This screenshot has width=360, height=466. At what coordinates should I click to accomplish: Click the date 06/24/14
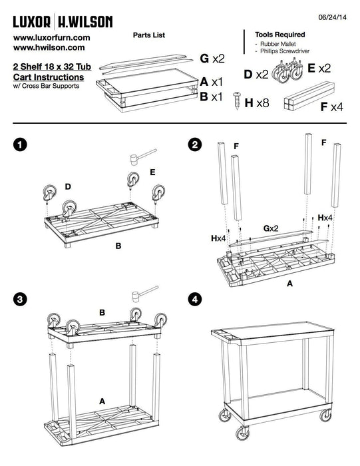(x=332, y=17)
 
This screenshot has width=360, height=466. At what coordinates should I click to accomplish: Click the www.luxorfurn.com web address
(x=51, y=38)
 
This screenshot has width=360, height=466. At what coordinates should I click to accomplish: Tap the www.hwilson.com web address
(x=49, y=47)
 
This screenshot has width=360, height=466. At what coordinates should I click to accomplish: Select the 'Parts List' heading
(x=149, y=35)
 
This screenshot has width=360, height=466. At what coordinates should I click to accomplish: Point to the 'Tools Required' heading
(x=279, y=35)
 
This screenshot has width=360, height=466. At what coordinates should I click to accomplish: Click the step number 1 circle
(x=20, y=145)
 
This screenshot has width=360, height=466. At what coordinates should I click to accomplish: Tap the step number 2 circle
(x=195, y=145)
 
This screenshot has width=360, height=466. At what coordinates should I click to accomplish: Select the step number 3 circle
(x=20, y=299)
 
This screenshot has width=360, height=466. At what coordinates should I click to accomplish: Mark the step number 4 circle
(x=195, y=299)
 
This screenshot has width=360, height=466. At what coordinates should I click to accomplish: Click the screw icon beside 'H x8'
(x=237, y=101)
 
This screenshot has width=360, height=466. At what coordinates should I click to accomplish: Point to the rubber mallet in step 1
(x=143, y=157)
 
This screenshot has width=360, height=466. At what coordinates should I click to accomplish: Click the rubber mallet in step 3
(x=144, y=294)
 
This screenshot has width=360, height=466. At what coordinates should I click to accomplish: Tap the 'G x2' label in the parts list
(x=212, y=59)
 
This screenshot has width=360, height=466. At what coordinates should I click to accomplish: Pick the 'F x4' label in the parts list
(x=332, y=107)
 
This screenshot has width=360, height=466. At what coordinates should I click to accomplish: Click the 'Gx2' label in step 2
(x=271, y=228)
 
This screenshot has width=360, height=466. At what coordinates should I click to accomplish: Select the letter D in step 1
(x=68, y=186)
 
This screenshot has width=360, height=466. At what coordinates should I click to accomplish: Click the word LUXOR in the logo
(x=32, y=22)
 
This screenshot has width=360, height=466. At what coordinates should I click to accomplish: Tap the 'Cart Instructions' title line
(x=49, y=77)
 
